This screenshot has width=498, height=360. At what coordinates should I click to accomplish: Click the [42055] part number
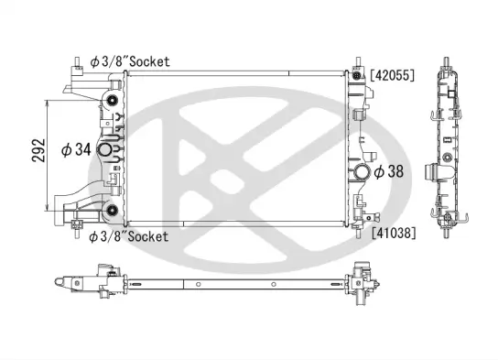[x=393, y=76]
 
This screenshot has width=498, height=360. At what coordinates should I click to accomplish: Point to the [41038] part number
[x=393, y=233]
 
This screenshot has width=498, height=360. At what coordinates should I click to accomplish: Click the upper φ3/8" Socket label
[x=129, y=60]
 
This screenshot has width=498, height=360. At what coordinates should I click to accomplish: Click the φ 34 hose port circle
[x=105, y=150]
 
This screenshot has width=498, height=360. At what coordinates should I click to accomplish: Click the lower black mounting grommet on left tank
[x=113, y=212]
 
